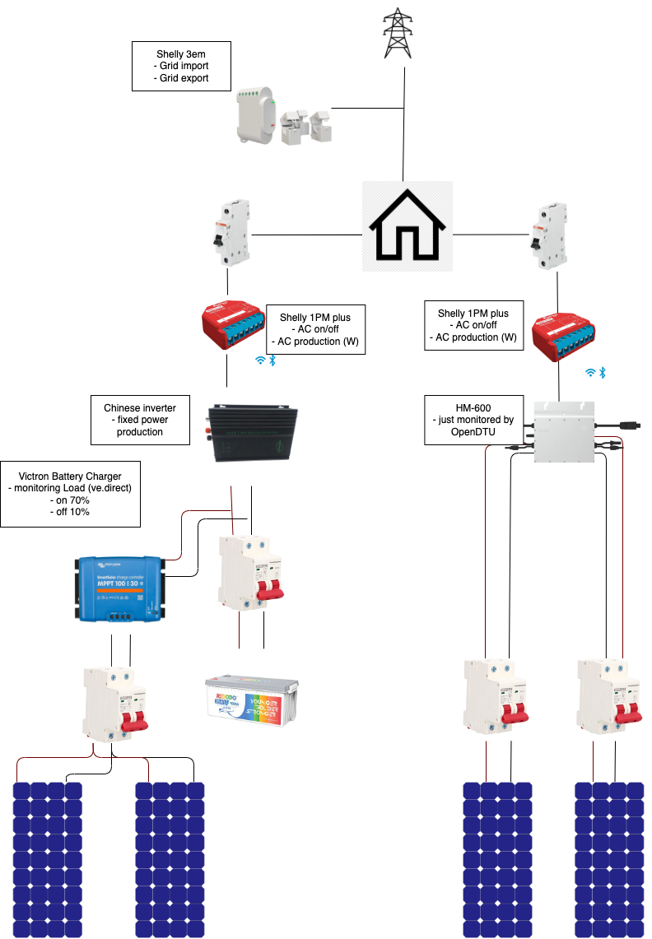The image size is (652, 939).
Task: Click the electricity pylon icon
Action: point(398,34)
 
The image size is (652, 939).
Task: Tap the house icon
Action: point(407,226)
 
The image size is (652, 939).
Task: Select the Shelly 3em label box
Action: point(181,67)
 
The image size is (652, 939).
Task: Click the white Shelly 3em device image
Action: point(284,116)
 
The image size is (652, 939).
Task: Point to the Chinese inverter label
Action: point(140,420)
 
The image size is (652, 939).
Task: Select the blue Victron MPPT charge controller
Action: point(119,588)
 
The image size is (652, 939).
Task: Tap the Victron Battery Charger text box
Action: point(70,493)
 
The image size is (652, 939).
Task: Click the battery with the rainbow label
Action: point(252,696)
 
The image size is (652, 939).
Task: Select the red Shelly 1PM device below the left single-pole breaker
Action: point(233,327)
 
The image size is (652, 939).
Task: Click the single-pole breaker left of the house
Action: point(231,232)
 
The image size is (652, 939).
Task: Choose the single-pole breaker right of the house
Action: point(548,235)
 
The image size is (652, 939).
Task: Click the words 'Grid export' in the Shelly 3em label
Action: point(181,78)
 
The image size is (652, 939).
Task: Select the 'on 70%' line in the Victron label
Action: point(70,500)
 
